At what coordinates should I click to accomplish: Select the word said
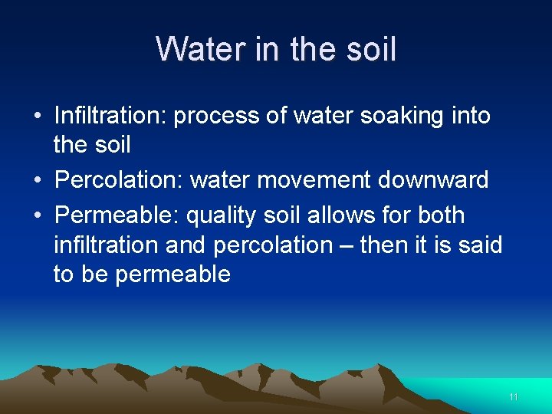[x=481, y=245]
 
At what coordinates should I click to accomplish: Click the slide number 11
[x=514, y=397]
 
